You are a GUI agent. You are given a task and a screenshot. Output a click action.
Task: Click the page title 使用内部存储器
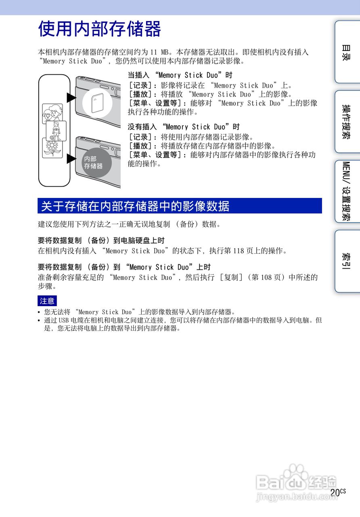[99, 29]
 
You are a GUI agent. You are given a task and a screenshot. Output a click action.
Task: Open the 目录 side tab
[346, 52]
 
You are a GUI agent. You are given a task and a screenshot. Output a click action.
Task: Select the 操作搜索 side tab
[346, 122]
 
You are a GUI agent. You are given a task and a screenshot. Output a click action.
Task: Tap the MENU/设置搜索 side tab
[346, 191]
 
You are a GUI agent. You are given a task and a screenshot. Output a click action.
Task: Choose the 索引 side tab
[346, 261]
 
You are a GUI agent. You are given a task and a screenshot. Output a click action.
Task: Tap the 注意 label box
[47, 301]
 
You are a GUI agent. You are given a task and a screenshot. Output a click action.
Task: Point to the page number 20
[335, 493]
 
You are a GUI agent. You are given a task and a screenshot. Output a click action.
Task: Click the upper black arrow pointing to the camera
[71, 98]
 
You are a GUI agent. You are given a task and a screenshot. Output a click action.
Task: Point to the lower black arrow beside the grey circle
[71, 159]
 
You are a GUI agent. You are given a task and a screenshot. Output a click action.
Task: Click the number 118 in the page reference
[239, 251]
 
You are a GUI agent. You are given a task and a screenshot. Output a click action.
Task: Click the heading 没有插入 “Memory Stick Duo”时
[184, 127]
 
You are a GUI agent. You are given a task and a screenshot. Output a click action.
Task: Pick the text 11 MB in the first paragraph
[159, 53]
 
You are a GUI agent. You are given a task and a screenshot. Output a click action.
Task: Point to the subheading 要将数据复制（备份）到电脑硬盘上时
[101, 241]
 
